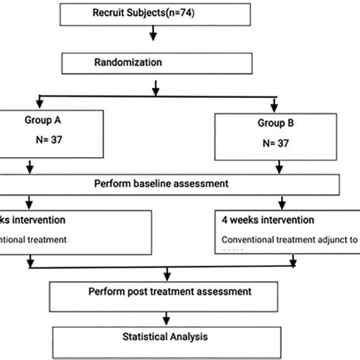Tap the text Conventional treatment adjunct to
tap(280, 244)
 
